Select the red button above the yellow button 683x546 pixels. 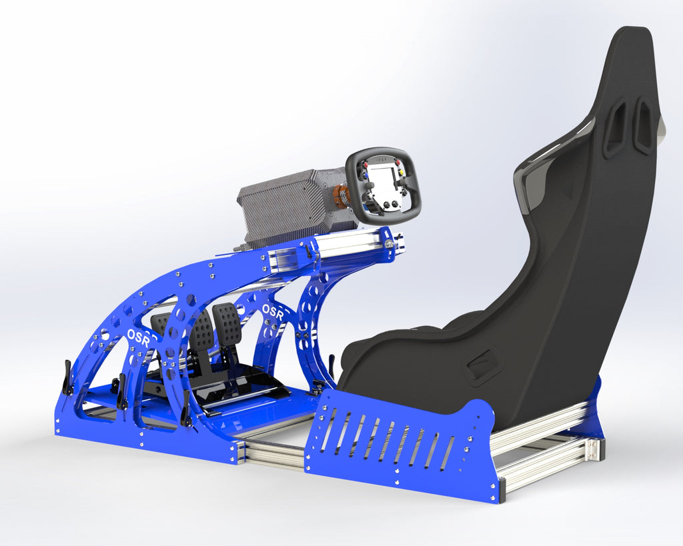tap(398, 162)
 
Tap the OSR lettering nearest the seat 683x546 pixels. tap(273, 311)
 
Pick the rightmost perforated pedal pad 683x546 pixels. tap(227, 324)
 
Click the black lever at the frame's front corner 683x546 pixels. tap(67, 378)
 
